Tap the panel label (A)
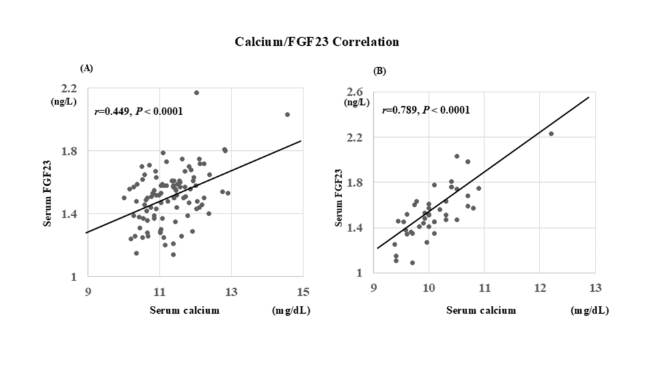pos(85,68)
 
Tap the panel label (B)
pos(380,70)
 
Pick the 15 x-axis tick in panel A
pos(302,292)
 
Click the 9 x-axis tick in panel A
pos(88,292)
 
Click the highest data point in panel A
pos(196,92)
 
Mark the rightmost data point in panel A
pos(287,114)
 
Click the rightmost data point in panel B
pos(551,134)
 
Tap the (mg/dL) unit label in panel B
pos(589,310)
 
